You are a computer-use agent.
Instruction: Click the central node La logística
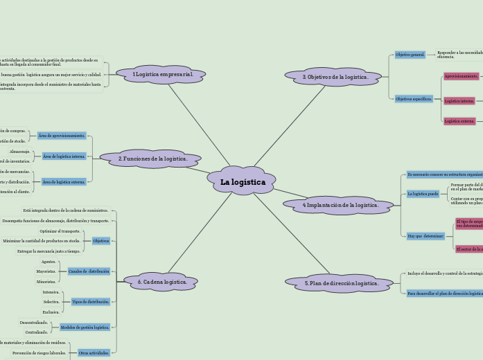(242, 182)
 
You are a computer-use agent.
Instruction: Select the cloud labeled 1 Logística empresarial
(161, 74)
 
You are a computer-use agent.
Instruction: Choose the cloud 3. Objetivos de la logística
(335, 77)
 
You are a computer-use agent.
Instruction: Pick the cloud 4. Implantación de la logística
(340, 205)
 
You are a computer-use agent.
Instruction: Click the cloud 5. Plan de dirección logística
(340, 283)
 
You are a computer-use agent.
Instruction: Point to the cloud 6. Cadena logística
(162, 282)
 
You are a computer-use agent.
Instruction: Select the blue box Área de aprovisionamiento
(62, 136)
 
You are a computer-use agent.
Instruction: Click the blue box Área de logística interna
(64, 156)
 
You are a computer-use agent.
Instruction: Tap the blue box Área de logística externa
(64, 182)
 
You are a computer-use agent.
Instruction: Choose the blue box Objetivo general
(410, 55)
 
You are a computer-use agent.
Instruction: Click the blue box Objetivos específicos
(414, 99)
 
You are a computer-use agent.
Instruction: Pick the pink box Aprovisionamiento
(462, 76)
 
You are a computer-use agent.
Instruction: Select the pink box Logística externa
(459, 121)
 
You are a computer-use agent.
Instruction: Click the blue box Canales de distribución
(89, 271)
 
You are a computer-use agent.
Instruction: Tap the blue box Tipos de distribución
(90, 302)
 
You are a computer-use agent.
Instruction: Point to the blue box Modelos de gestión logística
(85, 327)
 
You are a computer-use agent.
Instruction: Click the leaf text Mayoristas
(46, 271)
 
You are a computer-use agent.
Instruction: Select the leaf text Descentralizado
(34, 323)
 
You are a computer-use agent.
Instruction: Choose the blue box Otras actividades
(94, 353)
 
